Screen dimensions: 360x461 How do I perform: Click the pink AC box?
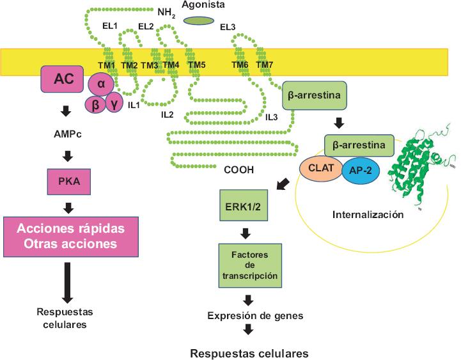[x=63, y=79]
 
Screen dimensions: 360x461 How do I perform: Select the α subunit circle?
[x=100, y=83]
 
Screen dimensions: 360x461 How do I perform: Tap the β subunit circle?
[x=95, y=104]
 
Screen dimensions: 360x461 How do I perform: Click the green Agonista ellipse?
[x=198, y=21]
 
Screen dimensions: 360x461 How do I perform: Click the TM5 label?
[x=196, y=65]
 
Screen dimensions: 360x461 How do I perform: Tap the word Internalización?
[x=368, y=214]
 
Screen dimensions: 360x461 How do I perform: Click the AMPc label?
[x=66, y=135]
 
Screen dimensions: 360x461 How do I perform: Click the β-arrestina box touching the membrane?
[x=315, y=95]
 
